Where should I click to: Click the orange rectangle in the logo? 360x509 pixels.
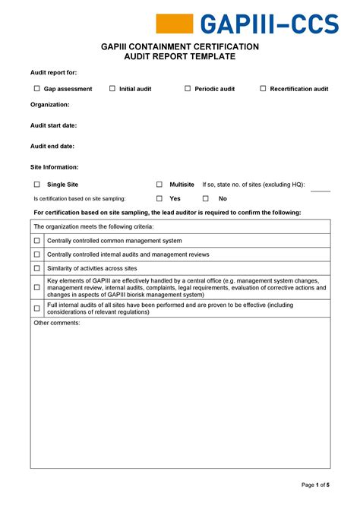coord(175,24)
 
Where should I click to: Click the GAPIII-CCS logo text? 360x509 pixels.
coord(269,24)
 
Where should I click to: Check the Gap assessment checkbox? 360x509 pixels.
coord(36,89)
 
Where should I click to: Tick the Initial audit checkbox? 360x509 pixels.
coord(112,89)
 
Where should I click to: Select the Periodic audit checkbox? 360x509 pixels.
coord(188,89)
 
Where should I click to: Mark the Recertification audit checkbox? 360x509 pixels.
coord(264,89)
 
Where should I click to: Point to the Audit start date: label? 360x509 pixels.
coord(53,125)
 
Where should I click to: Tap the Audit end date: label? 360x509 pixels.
coord(52,146)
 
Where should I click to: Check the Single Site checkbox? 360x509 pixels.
coord(36,185)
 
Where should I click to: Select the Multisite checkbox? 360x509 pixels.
coord(159,185)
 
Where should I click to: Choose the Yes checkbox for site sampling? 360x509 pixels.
coord(159,198)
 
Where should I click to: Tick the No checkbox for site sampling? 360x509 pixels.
coord(206,198)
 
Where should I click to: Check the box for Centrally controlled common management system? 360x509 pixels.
coord(36,241)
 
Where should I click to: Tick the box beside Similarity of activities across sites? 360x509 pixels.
coord(36,268)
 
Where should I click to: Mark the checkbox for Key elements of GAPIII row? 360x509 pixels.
coord(36,288)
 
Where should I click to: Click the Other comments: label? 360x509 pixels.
coord(57,323)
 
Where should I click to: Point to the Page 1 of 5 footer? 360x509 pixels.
coord(315,485)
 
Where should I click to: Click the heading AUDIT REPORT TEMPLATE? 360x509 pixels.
coord(180,57)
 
